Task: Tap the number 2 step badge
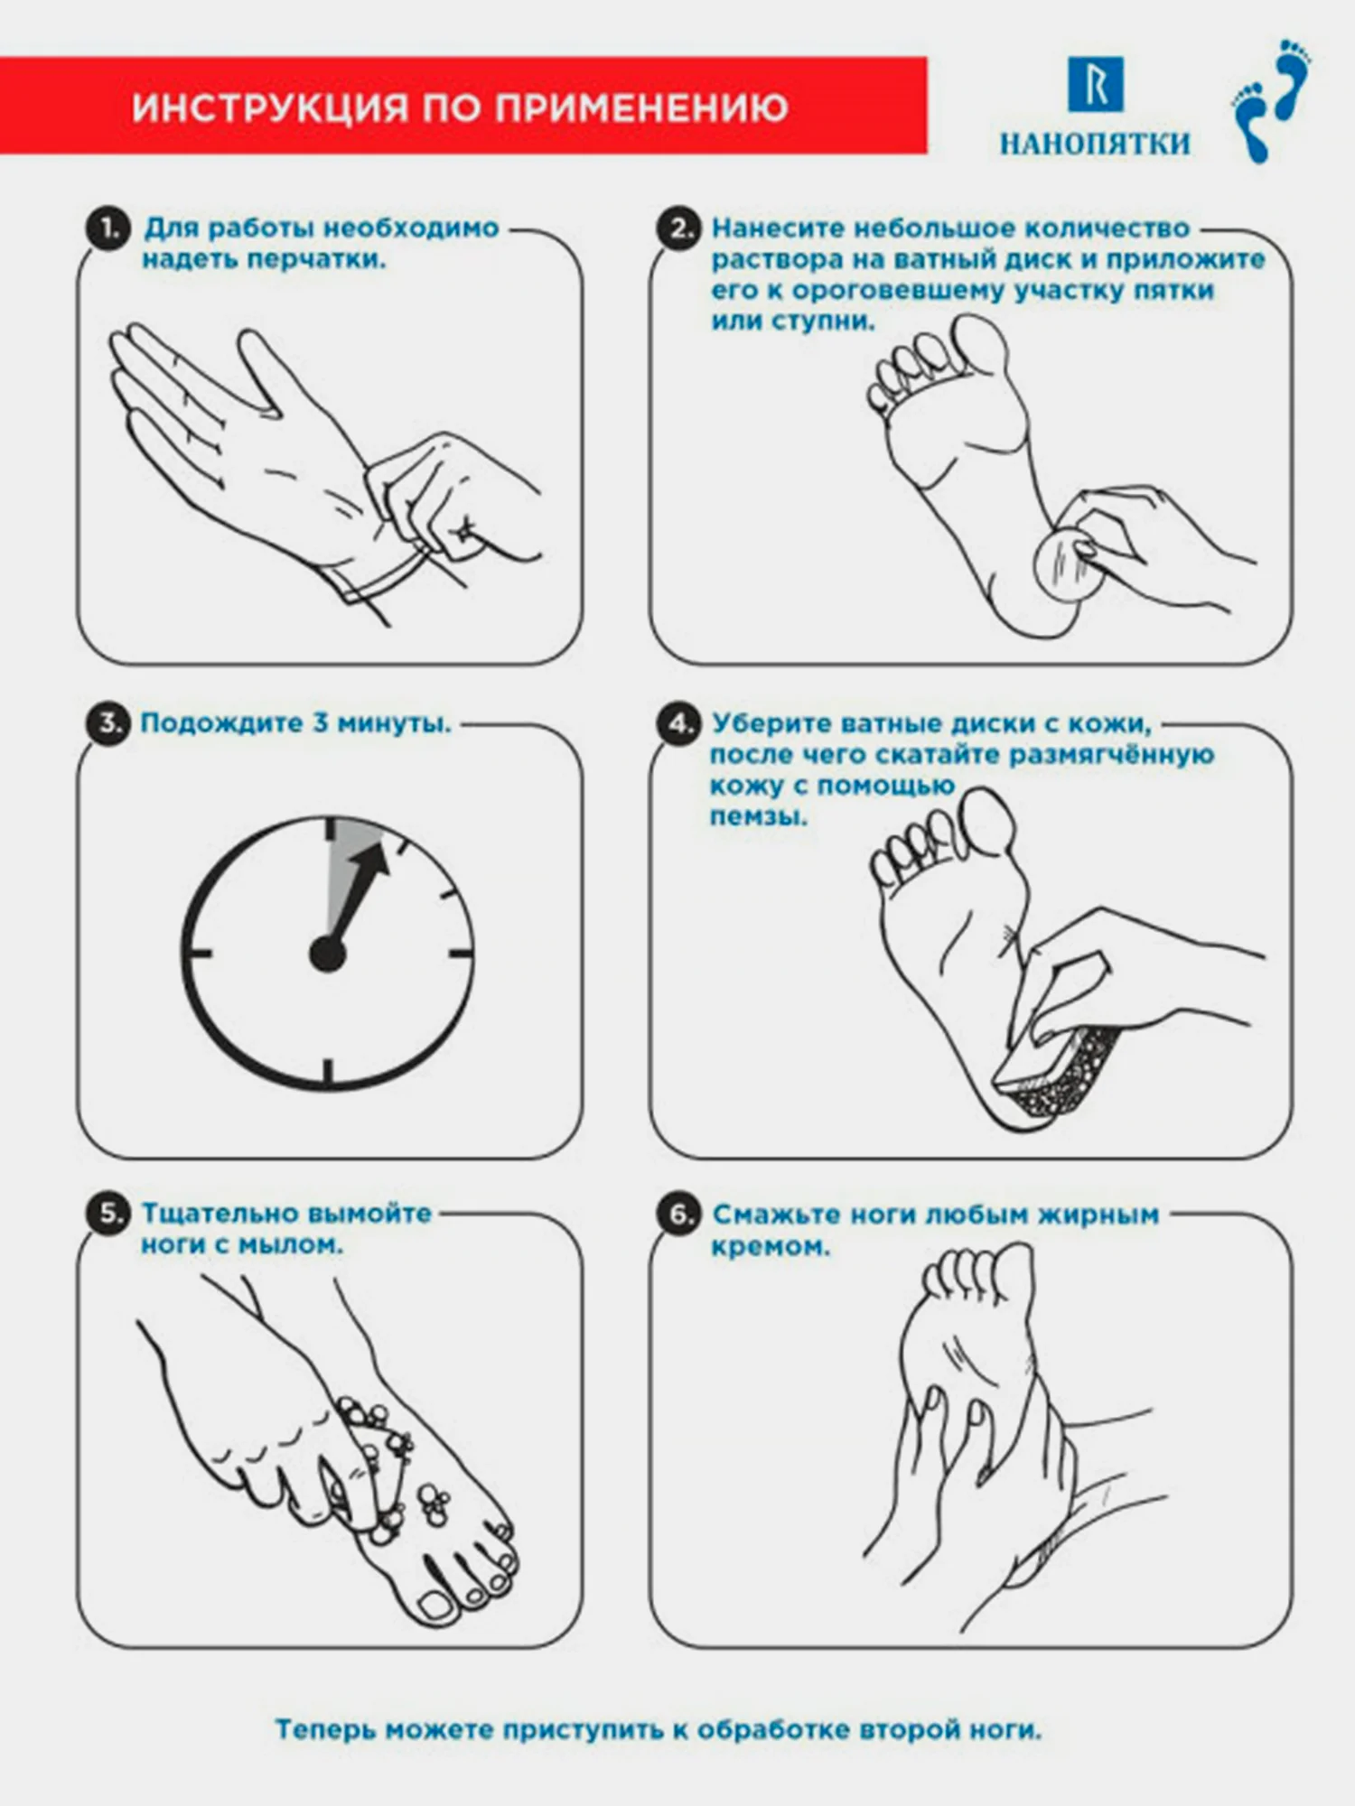pyautogui.click(x=678, y=229)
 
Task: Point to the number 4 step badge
pyautogui.click(x=679, y=723)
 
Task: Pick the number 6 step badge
pyautogui.click(x=679, y=1214)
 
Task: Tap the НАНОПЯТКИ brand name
pyautogui.click(x=1095, y=144)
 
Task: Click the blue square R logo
pyautogui.click(x=1096, y=85)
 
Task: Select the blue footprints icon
pyautogui.click(x=1273, y=100)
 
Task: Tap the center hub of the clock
pyautogui.click(x=328, y=954)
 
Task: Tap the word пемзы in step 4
pyautogui.click(x=758, y=817)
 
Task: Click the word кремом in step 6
pyautogui.click(x=770, y=1247)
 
